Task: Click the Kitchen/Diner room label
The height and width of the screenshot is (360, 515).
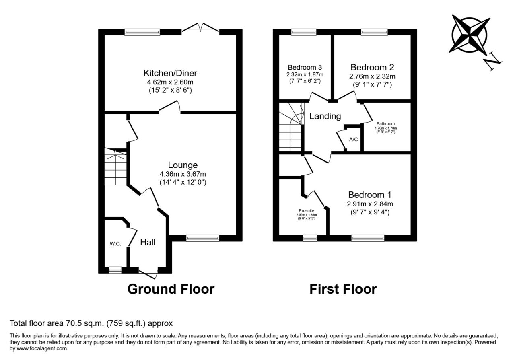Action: [x=170, y=73]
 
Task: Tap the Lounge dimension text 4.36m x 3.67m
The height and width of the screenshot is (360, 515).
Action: [x=183, y=174]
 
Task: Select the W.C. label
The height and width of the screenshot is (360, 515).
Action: [x=115, y=244]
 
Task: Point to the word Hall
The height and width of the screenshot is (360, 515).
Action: [x=148, y=242]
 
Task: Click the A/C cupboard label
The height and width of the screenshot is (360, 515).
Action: [x=353, y=139]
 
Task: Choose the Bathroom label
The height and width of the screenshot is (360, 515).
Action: [x=385, y=123]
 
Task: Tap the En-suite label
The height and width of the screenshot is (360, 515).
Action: [x=306, y=211]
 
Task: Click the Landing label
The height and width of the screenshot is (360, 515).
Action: [x=325, y=116]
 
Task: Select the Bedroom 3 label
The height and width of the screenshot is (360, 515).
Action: [x=305, y=67]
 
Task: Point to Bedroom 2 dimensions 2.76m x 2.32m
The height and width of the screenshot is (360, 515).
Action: [x=372, y=76]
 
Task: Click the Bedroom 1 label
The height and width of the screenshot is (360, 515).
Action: [x=370, y=195]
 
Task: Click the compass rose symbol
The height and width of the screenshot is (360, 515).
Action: [x=469, y=35]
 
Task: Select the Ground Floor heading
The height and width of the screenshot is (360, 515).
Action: [x=171, y=289]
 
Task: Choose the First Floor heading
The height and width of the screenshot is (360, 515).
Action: [x=343, y=289]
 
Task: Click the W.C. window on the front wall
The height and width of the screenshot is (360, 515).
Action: [x=115, y=270]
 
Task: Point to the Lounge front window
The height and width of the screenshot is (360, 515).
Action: [x=202, y=238]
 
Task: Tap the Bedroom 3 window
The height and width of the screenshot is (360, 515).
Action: [x=304, y=32]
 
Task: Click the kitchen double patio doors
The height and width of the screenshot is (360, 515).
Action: [x=200, y=29]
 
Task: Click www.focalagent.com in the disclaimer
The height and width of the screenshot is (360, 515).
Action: [x=41, y=348]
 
